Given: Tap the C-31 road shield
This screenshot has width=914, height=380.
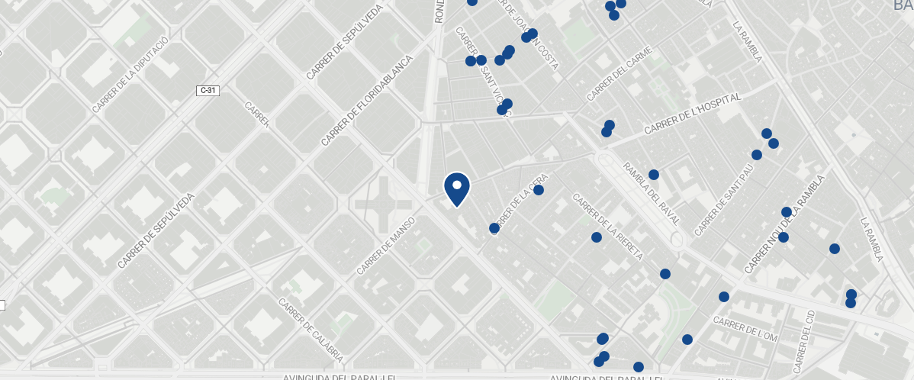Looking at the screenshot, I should (208, 91).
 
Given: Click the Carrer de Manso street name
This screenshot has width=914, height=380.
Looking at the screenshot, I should (385, 246).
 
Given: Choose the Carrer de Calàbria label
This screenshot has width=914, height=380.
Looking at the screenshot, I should (311, 330).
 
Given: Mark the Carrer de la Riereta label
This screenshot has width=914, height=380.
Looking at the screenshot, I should (607, 227).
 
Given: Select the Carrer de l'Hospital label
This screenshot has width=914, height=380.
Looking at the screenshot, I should (693, 114).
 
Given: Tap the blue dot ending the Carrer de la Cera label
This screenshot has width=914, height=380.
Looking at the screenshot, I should (539, 190).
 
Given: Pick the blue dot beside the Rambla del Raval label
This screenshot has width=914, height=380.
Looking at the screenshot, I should (654, 175).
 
